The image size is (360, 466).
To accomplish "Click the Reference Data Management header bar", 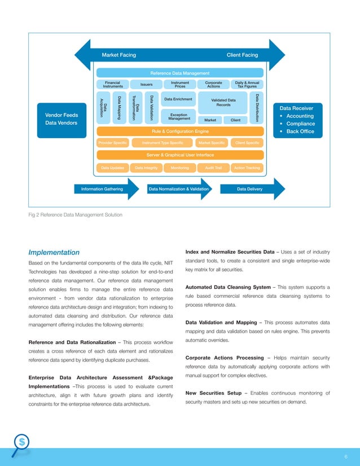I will click(x=179, y=73).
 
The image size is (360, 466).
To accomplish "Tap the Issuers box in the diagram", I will click(x=146, y=85).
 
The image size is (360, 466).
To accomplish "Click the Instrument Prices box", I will click(x=179, y=85).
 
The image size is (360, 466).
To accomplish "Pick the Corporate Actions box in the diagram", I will click(x=213, y=85).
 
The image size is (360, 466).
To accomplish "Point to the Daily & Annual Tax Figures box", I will click(x=247, y=85).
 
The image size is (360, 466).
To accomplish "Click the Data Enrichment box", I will click(x=178, y=99).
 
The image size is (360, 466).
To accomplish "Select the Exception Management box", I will click(x=178, y=116).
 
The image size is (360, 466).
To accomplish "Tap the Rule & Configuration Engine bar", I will click(x=179, y=131).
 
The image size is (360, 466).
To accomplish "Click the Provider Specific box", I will click(x=112, y=143).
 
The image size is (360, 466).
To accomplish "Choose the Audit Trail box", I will click(x=213, y=168).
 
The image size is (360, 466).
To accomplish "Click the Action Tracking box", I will click(x=247, y=168).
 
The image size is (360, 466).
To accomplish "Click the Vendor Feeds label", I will click(x=62, y=115).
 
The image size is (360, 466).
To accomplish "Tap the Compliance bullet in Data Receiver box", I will click(x=300, y=124).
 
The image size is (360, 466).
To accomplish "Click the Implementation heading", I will click(x=54, y=252).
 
